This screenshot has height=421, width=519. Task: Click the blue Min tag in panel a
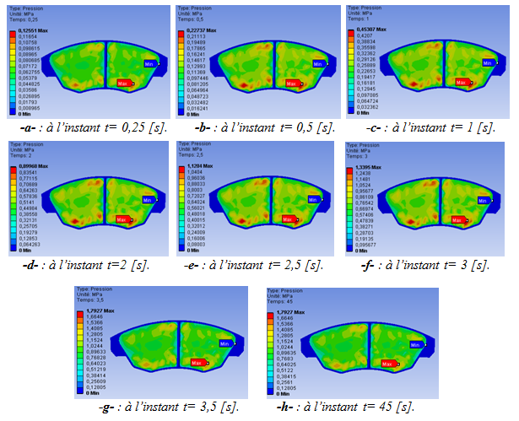[149, 64]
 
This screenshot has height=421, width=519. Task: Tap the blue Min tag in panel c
[487, 62]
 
